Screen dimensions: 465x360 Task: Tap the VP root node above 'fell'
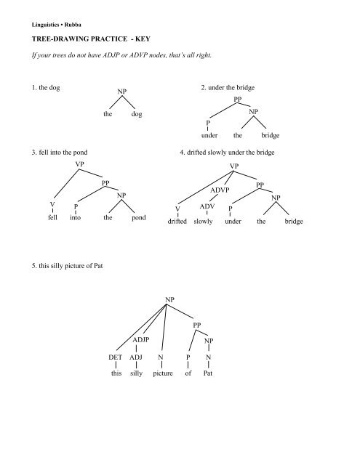79,164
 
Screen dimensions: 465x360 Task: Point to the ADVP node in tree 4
219,190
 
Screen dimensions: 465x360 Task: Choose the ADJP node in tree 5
141,339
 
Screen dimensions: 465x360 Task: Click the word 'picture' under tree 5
168,375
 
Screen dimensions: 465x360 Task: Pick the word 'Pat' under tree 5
209,375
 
